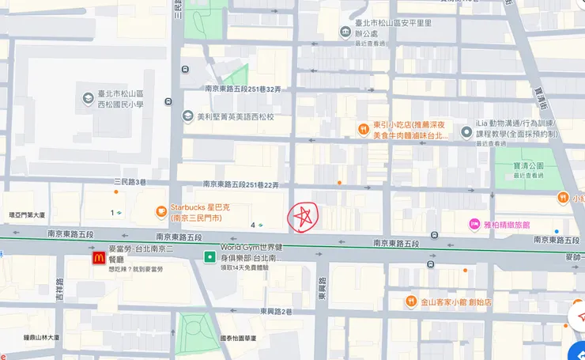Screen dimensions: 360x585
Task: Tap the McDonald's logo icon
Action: point(97,257)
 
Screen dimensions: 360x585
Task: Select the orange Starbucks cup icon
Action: point(160,211)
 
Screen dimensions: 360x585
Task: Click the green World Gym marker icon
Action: point(209,257)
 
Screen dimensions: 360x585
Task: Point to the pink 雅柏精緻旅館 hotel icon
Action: point(475,225)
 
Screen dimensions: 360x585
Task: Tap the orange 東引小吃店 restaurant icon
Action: point(363,129)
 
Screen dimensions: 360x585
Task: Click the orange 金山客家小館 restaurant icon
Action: point(411,301)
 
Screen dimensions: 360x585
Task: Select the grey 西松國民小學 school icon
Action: point(89,99)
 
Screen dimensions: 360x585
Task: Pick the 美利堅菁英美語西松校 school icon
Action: point(187,116)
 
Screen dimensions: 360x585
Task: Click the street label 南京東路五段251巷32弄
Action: point(243,89)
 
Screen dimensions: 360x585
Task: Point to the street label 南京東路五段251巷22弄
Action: point(240,184)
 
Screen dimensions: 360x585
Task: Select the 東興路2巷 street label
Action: point(276,312)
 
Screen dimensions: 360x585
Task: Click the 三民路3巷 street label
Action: point(130,181)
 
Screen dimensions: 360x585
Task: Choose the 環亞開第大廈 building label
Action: point(27,214)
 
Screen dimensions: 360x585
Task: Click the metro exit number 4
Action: point(253,225)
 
